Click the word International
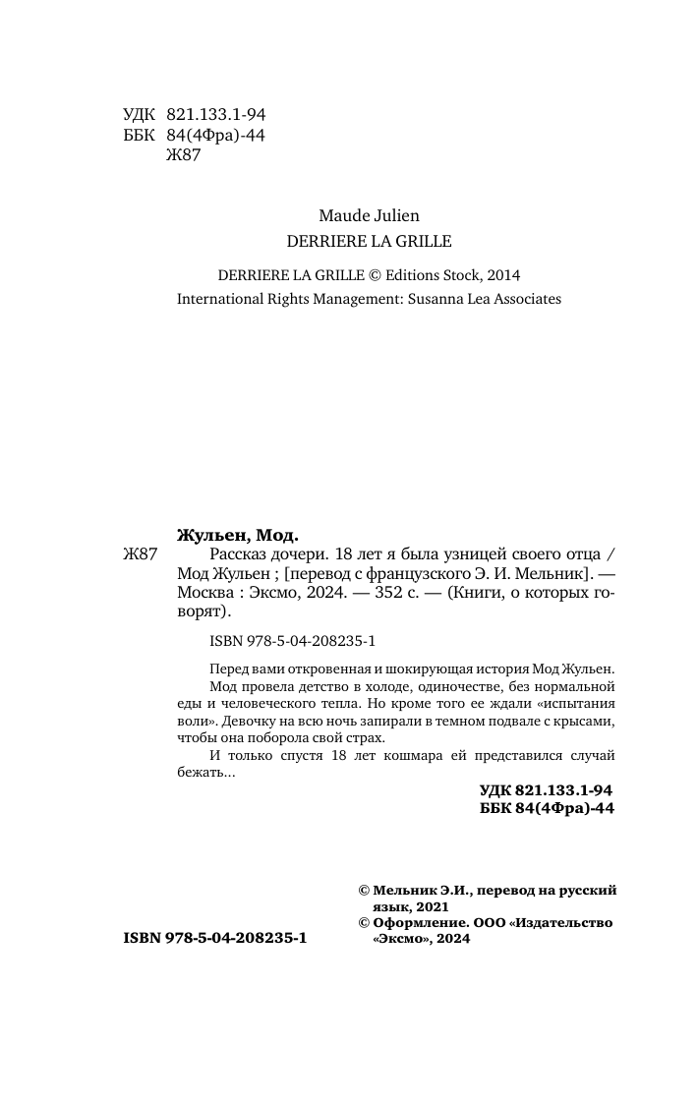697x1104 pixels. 225,299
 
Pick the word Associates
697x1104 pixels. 525,299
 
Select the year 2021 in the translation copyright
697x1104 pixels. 432,905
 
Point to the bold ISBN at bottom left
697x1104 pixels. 215,939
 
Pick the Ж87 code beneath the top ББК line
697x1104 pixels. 184,154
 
